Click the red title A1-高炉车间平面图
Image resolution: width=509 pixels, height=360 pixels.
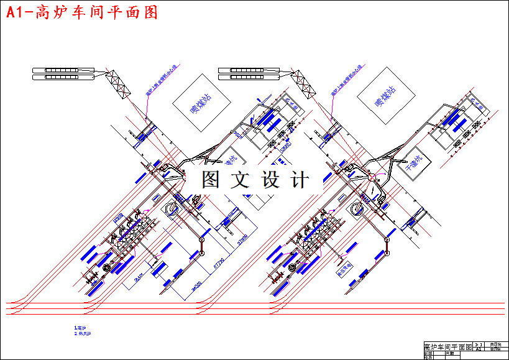(x=81, y=12)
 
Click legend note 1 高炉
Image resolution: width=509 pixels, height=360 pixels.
(x=80, y=327)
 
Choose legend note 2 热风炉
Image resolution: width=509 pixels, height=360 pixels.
(x=83, y=334)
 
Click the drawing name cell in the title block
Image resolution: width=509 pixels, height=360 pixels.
(x=447, y=346)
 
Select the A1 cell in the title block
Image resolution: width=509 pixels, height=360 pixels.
(x=479, y=349)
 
